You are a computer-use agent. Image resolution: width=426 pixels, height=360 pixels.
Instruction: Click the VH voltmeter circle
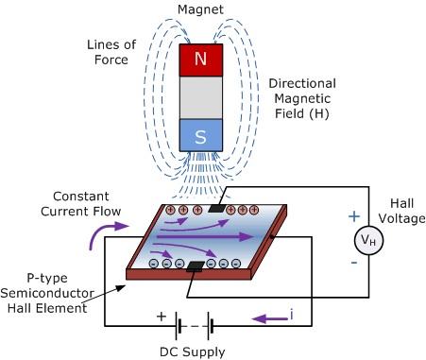[366, 240]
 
